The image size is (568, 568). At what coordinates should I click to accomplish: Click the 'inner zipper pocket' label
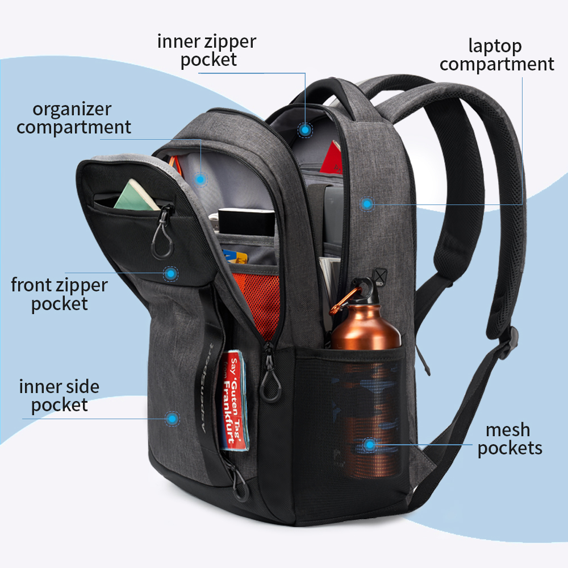[x=207, y=51]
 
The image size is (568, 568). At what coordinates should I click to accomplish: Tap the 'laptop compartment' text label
[x=496, y=55]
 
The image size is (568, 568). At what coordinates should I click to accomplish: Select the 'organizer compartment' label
[x=73, y=118]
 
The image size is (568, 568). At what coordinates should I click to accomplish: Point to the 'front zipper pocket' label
[x=59, y=294]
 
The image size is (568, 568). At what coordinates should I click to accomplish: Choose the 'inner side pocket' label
[x=59, y=396]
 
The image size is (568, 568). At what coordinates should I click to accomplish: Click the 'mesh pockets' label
[x=509, y=439]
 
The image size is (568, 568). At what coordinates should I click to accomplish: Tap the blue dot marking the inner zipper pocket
[x=306, y=130]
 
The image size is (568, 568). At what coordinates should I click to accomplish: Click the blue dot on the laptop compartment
[x=367, y=203]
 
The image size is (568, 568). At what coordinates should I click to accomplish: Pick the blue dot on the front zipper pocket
[x=170, y=274]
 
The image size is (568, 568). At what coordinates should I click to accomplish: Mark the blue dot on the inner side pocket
[x=172, y=419]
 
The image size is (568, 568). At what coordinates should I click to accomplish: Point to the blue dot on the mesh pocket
[x=370, y=445]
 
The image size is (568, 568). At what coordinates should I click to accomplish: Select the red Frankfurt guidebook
[x=235, y=401]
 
